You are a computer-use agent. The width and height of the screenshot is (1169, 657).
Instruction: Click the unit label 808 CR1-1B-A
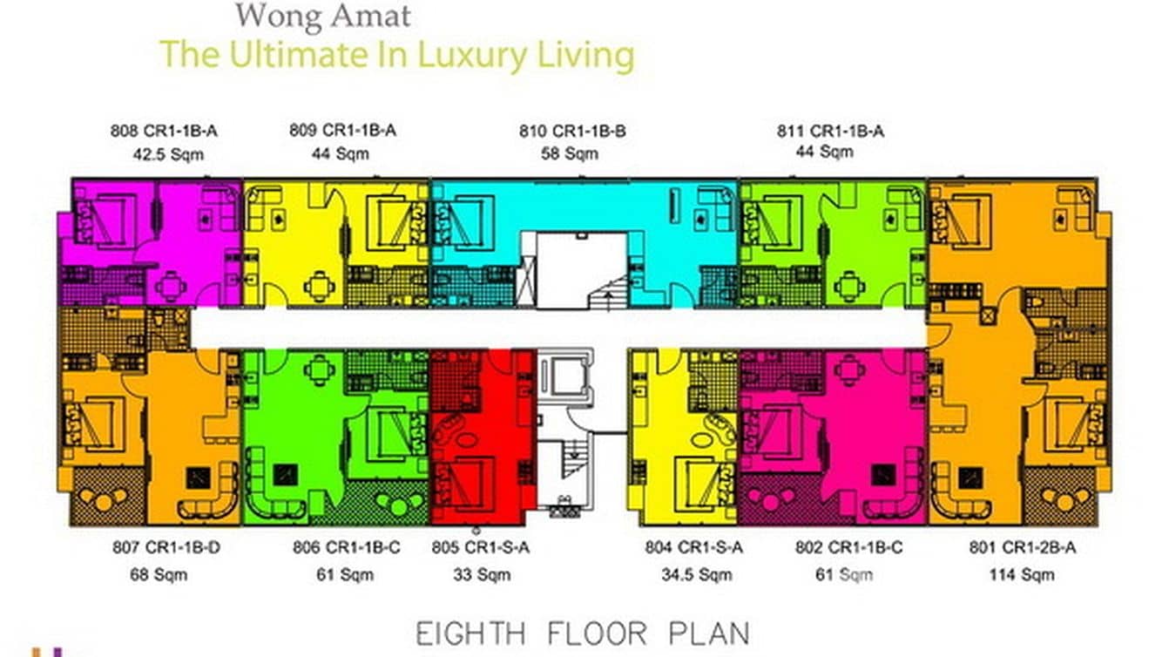164,131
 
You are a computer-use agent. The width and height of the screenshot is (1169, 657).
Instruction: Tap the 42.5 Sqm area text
168,154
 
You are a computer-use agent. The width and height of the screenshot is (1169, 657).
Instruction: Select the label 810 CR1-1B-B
572,131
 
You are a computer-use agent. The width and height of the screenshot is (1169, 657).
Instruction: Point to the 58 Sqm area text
570,154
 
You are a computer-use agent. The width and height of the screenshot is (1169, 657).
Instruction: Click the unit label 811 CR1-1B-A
831,131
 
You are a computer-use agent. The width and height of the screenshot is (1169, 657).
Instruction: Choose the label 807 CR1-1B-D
166,547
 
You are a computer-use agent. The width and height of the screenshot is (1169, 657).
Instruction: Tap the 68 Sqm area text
159,574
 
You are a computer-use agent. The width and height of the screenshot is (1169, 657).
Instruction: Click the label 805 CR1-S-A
481,547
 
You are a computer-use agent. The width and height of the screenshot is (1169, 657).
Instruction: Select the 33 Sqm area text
482,574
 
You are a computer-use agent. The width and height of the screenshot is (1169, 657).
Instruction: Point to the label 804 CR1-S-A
694,547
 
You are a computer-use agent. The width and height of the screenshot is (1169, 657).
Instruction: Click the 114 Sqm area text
1022,574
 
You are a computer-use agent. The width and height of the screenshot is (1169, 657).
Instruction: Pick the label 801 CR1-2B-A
1023,547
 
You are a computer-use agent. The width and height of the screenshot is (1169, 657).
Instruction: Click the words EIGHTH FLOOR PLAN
583,634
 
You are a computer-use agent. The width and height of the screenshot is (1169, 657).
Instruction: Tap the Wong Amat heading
323,17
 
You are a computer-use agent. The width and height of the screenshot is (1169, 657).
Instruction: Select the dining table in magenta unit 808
171,287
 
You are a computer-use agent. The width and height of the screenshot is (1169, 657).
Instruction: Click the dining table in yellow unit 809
320,286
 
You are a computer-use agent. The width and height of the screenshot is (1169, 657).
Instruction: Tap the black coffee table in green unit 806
285,475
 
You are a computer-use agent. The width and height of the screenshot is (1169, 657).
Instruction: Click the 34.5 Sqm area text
697,574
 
